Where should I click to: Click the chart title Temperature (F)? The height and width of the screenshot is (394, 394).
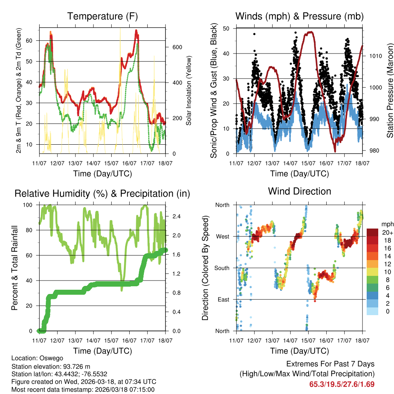[x=102, y=16]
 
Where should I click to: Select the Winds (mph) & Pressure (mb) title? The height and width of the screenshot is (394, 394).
[x=299, y=16]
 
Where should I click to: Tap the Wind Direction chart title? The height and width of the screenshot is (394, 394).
[x=299, y=191]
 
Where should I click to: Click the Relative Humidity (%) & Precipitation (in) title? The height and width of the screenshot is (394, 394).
[x=102, y=194]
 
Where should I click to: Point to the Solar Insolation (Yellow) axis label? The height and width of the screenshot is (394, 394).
[x=189, y=90]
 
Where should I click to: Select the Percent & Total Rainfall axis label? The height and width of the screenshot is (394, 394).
[x=15, y=268]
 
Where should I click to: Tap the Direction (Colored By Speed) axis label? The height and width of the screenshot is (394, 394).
[x=205, y=268]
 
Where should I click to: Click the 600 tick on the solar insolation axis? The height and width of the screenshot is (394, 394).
[x=176, y=47]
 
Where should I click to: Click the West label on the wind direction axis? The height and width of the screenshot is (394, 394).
[x=223, y=236]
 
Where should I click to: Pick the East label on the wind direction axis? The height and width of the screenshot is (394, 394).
[x=224, y=299]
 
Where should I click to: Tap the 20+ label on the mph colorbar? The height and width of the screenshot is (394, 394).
[x=387, y=232]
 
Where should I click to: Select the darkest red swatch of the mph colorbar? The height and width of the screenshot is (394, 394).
[x=372, y=232]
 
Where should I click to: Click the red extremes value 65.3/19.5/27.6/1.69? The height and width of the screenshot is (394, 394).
[x=342, y=384]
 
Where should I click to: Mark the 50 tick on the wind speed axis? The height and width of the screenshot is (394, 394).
[x=227, y=28]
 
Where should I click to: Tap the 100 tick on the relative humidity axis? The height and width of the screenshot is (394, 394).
[x=30, y=205]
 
